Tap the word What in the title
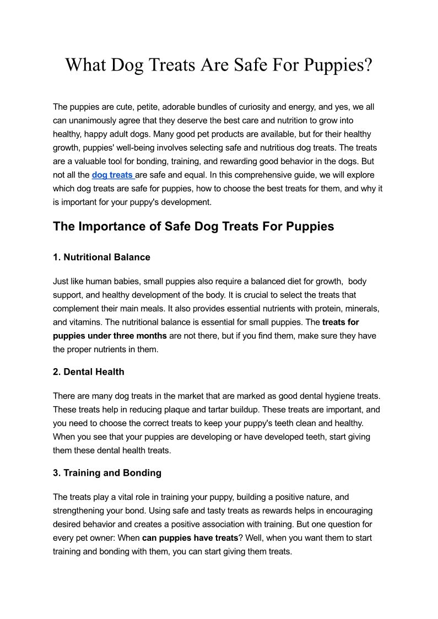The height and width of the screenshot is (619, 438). click(85, 65)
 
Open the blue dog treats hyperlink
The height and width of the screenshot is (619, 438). click(112, 175)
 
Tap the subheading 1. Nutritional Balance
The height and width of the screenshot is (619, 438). click(101, 257)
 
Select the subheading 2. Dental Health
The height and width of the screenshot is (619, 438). click(88, 372)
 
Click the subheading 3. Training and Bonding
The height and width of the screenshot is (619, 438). click(107, 473)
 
